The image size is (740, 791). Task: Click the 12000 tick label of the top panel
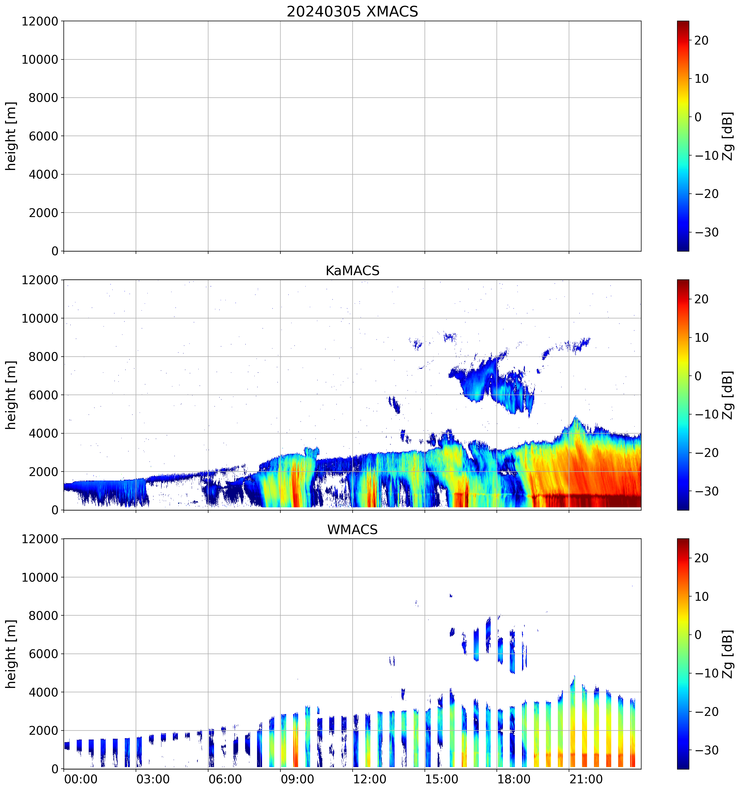pos(40,21)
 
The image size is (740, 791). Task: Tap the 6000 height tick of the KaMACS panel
pos(43,395)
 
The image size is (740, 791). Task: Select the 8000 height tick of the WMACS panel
pos(43,616)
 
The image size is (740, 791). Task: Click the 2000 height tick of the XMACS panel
pos(43,213)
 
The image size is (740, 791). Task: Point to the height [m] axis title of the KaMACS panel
pos(11,395)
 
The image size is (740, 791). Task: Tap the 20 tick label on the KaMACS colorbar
pos(701,299)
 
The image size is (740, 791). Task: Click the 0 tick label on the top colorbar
pos(698,117)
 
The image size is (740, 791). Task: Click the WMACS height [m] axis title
pos(11,654)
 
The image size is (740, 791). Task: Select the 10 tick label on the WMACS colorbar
pos(701,597)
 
